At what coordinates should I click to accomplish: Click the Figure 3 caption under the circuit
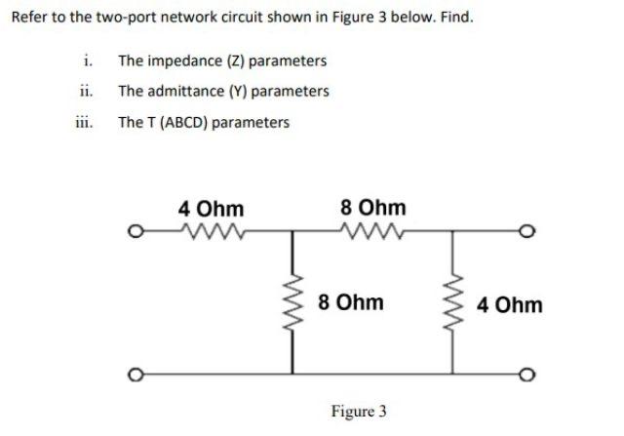[358, 411]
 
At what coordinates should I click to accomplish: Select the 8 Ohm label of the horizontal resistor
[373, 208]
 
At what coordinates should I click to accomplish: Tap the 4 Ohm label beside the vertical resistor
[510, 305]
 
